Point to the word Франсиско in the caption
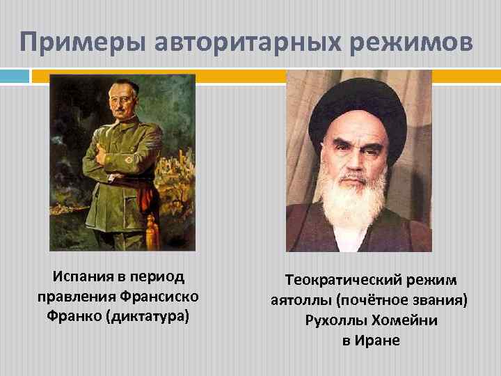point(158,297)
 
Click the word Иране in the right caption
point(380,341)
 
